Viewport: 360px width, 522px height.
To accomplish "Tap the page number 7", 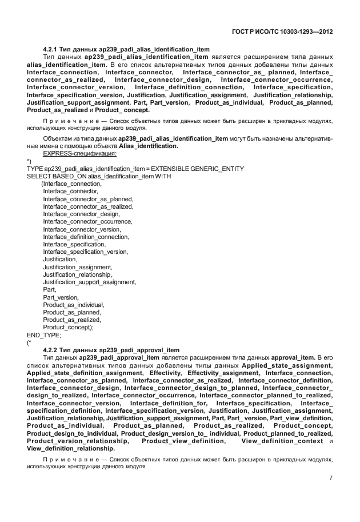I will (331, 478).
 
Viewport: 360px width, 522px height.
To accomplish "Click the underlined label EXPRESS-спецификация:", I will (80, 154).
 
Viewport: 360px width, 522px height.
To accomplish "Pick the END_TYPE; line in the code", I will (43, 335).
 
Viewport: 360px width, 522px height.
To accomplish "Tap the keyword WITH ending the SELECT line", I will (163, 176).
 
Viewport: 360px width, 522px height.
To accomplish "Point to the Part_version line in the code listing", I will (61, 297).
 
